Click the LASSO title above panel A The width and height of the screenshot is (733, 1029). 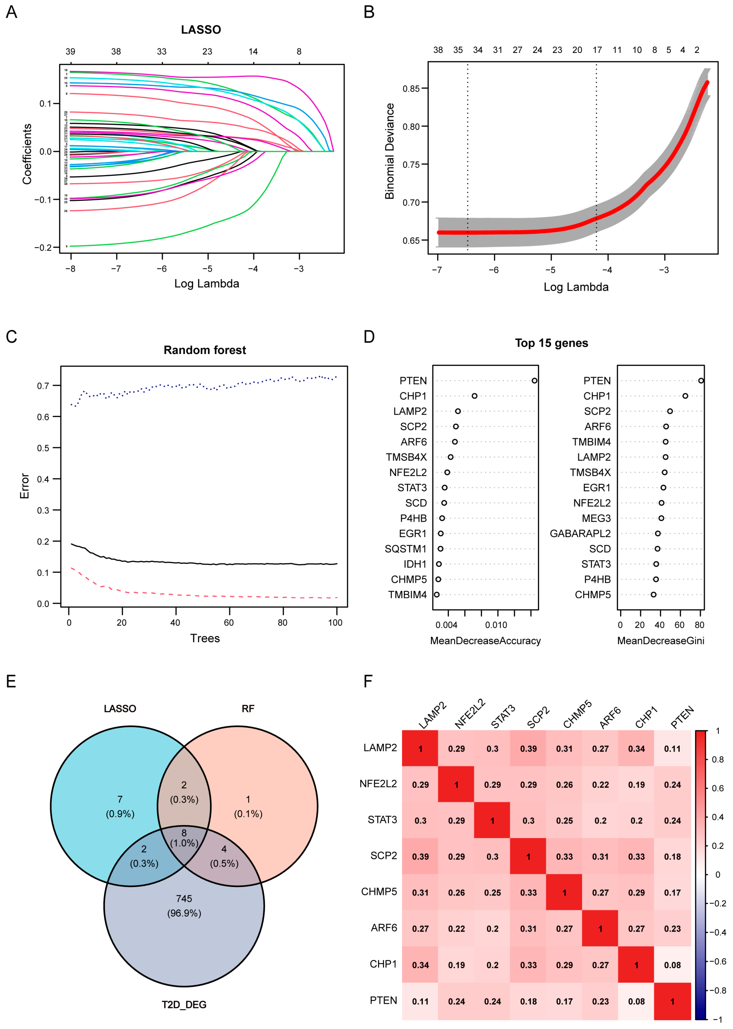click(201, 30)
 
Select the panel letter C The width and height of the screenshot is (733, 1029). click(11, 337)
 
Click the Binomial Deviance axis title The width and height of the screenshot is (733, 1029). click(389, 151)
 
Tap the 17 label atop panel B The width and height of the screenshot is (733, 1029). click(597, 50)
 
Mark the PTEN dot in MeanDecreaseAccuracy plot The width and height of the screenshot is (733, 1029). click(534, 381)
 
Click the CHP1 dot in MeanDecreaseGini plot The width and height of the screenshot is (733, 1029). click(685, 396)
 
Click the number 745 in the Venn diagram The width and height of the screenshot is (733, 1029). click(184, 898)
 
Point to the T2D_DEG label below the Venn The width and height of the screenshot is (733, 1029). click(184, 1005)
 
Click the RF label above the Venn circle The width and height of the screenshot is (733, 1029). click(248, 709)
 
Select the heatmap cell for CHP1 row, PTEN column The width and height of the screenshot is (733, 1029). click(672, 965)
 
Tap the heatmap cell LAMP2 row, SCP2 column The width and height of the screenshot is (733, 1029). click(528, 749)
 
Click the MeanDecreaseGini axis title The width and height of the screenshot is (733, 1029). click(660, 641)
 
